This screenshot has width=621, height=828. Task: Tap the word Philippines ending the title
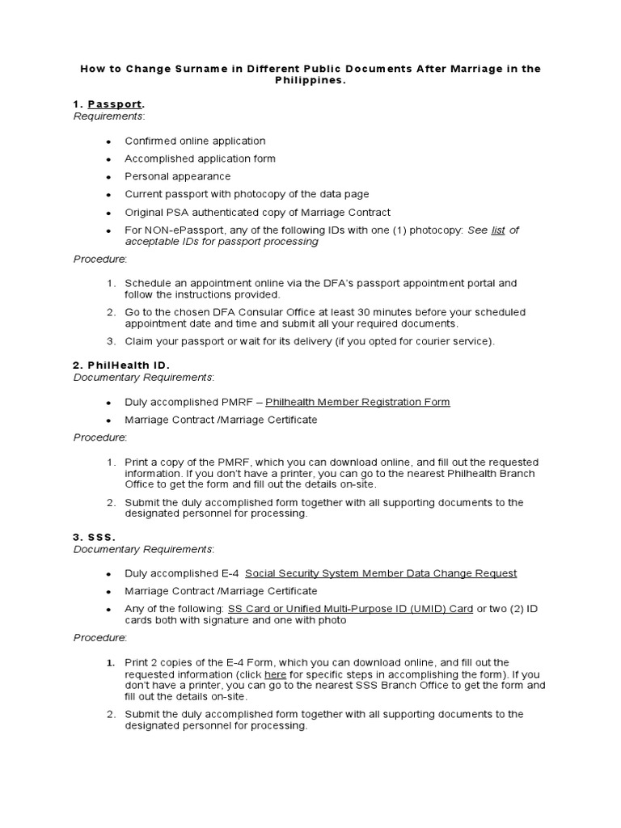tap(310, 82)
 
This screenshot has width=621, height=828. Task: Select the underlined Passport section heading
tap(114, 104)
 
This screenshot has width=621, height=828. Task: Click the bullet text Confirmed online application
tap(195, 141)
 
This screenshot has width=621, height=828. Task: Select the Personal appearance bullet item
tap(177, 176)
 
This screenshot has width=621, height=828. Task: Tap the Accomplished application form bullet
tap(200, 158)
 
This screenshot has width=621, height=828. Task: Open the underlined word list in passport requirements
tap(498, 230)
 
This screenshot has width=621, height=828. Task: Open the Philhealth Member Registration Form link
tap(357, 402)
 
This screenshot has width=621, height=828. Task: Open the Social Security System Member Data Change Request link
tap(381, 573)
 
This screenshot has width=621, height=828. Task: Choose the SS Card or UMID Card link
tap(350, 609)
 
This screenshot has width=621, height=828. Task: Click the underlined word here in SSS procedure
tap(275, 674)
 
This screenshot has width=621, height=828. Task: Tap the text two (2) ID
tap(514, 609)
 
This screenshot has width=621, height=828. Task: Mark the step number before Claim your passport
tap(112, 341)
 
